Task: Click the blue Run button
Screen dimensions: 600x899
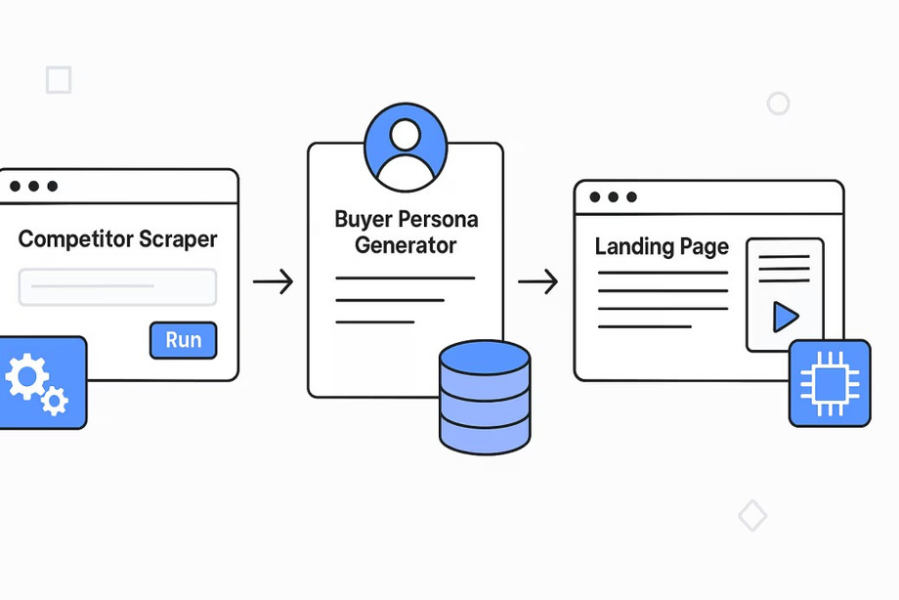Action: [x=183, y=340]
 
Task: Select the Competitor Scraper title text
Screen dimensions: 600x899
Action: [x=118, y=238]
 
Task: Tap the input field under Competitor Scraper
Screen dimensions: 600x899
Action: [x=117, y=286]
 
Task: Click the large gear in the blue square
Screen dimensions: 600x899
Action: [x=26, y=377]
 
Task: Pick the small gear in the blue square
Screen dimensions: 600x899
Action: [x=56, y=399]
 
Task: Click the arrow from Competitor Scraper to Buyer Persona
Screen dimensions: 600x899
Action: [x=273, y=283]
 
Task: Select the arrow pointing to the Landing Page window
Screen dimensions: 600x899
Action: [x=537, y=283]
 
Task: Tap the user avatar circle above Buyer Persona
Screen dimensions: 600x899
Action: [x=405, y=149]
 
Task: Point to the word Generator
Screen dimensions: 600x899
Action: [x=405, y=244]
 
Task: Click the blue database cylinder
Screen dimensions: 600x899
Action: [x=485, y=396]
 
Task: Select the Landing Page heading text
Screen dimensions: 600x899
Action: [x=662, y=246]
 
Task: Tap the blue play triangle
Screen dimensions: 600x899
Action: [x=785, y=316]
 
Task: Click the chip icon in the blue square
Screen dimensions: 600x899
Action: [x=829, y=383]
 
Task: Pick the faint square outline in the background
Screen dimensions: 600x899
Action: [x=59, y=80]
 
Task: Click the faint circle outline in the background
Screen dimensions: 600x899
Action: [x=778, y=104]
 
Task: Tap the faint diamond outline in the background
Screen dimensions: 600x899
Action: [x=752, y=515]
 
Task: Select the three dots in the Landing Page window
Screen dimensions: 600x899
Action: [x=614, y=197]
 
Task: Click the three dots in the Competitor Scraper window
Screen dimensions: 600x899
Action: [x=33, y=186]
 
